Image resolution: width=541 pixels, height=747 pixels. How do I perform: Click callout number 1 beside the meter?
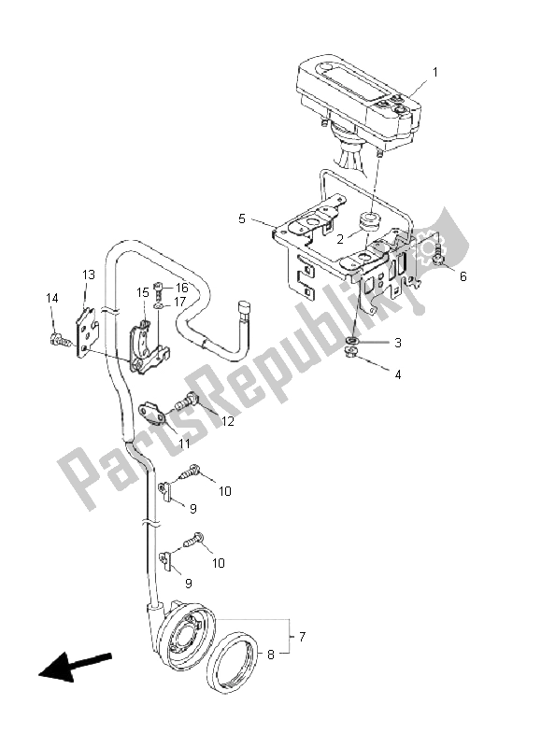(x=434, y=71)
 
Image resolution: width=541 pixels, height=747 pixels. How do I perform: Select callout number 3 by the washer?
(x=396, y=343)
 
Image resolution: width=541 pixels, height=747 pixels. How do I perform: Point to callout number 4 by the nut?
(x=396, y=374)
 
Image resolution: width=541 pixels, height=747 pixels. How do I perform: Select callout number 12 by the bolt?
(x=227, y=421)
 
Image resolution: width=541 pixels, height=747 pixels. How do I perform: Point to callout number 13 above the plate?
(x=89, y=275)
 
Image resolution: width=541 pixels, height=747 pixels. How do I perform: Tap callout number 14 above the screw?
(x=52, y=297)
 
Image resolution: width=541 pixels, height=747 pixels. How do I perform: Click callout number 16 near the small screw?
(x=182, y=289)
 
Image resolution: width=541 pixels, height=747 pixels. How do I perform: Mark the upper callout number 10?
(x=224, y=491)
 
